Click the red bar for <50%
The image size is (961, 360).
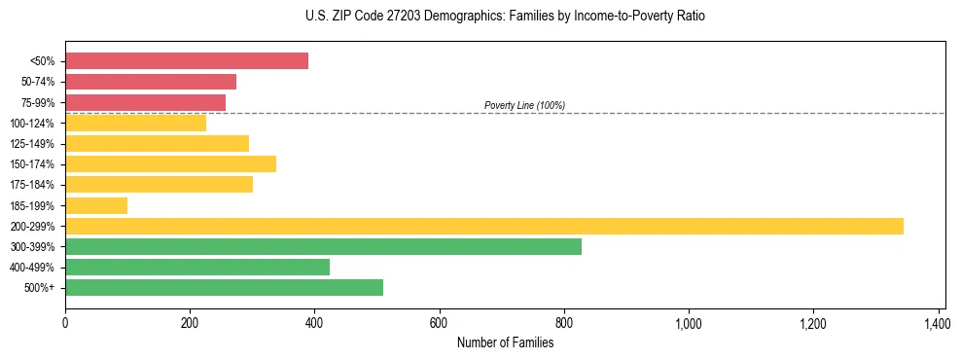[x=187, y=61]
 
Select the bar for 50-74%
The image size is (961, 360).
[x=151, y=82]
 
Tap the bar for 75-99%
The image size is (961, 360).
[x=145, y=102]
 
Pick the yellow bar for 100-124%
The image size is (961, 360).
[x=135, y=123]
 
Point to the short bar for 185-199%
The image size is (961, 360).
[x=96, y=205]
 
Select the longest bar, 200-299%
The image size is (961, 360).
[x=484, y=226]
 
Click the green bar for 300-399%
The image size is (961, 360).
[x=323, y=246]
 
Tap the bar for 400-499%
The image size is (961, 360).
[x=197, y=267]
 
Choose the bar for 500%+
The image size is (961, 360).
[x=224, y=287]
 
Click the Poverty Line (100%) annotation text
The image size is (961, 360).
[x=524, y=105]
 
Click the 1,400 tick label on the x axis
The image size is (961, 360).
[x=938, y=322]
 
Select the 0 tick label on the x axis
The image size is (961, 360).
[x=65, y=322]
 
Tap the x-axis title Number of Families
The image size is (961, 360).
[x=505, y=342]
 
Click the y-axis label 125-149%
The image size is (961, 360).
[x=33, y=144]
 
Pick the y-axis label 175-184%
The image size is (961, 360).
[x=33, y=185]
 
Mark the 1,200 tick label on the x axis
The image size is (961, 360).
[x=813, y=322]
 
